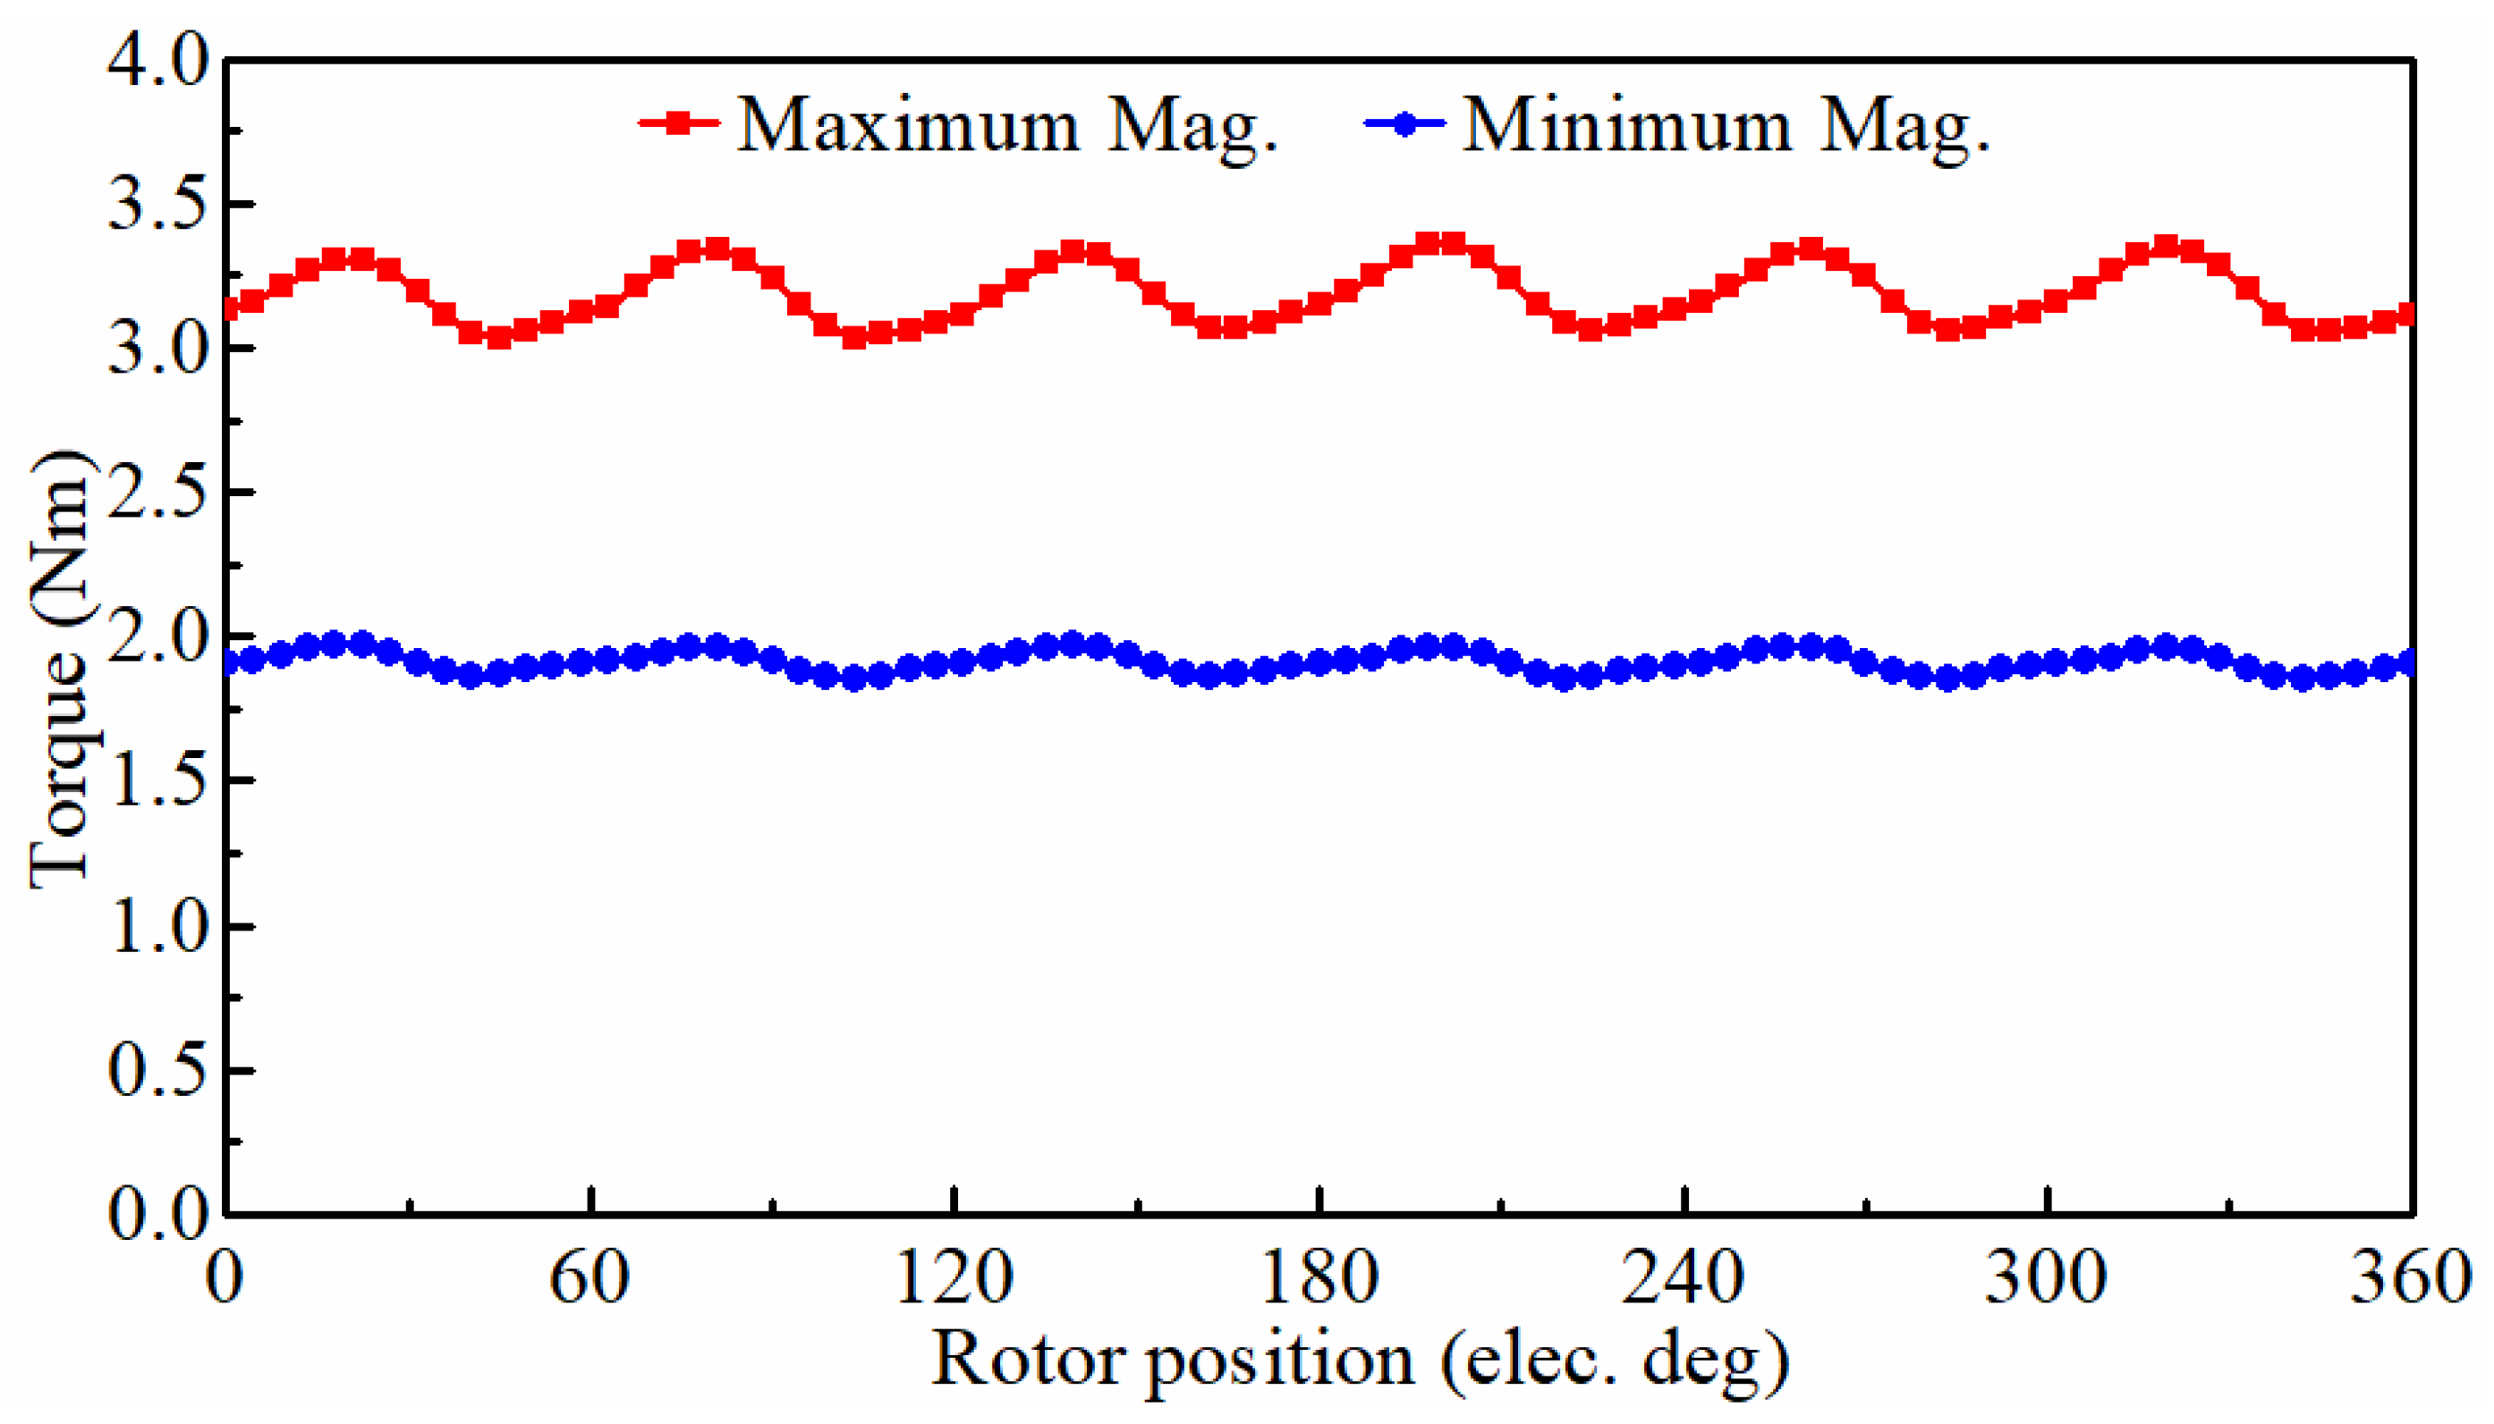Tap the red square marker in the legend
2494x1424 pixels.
pos(678,123)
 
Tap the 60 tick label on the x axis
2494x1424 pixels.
pos(589,1277)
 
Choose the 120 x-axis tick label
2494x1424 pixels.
pos(954,1277)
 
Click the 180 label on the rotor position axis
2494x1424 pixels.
pos(1319,1277)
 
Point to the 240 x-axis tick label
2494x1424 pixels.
pos(1683,1277)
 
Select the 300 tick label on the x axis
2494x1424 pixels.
pos(2046,1277)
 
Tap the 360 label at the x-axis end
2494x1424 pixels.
pos(2410,1277)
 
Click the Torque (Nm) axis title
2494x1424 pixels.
pos(61,669)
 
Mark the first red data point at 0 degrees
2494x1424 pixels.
pos(229,309)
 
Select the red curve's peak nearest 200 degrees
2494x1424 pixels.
pos(1440,242)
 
